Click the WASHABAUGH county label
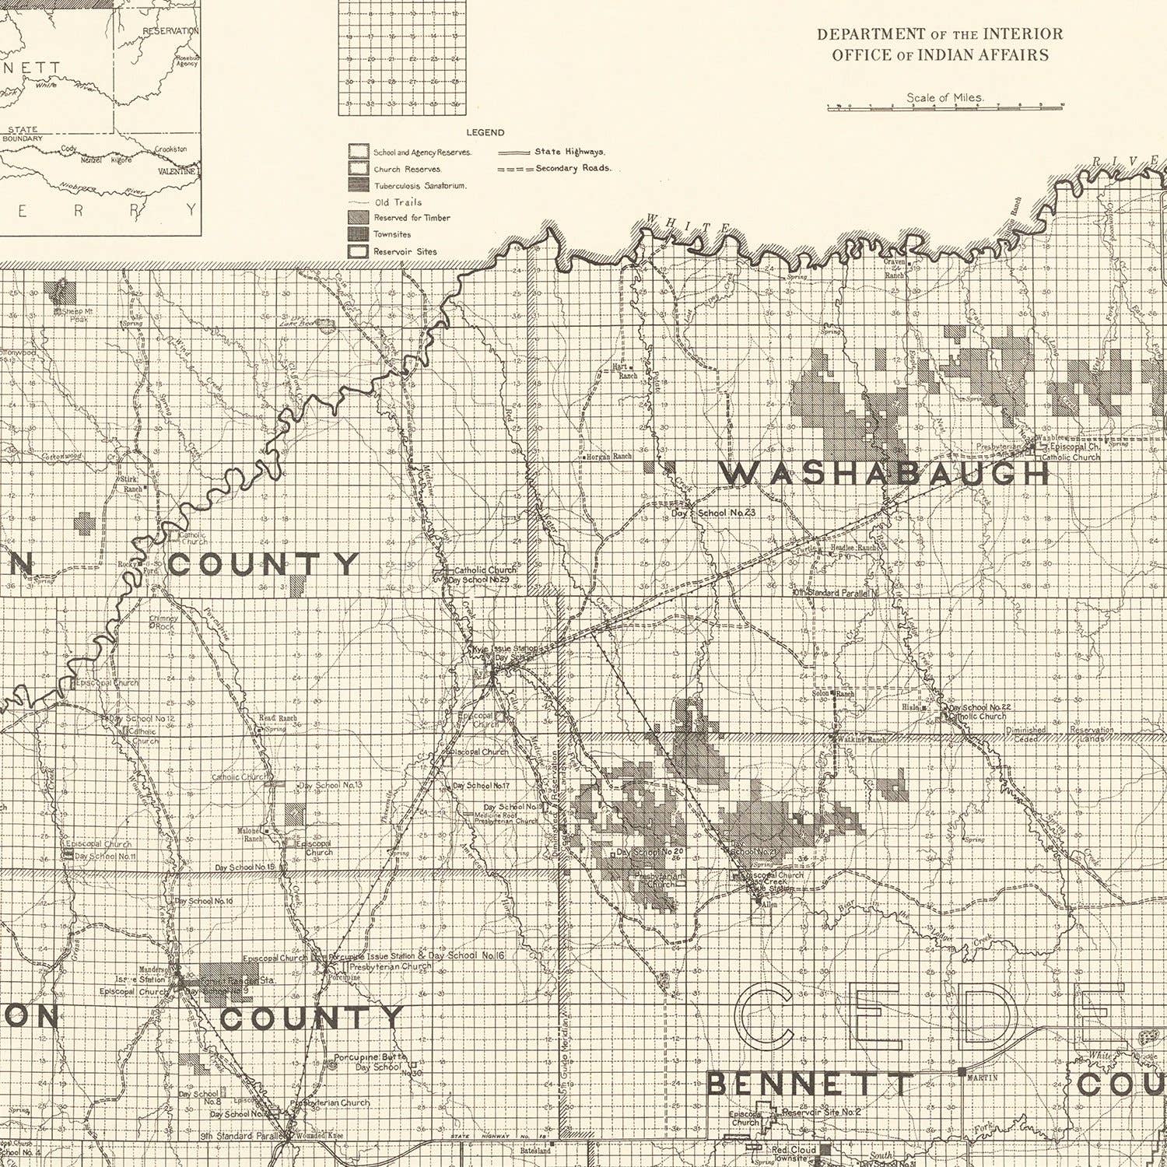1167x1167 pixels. pos(884,473)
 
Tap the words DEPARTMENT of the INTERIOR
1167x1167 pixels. pos(939,34)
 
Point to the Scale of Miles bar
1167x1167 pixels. pos(944,107)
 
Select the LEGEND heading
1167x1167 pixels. pos(485,132)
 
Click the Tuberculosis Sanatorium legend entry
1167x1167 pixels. pos(419,186)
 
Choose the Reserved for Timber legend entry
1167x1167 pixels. pos(411,218)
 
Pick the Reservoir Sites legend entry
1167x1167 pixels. pos(404,251)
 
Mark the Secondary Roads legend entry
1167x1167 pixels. pos(573,168)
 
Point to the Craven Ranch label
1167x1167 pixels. pos(894,268)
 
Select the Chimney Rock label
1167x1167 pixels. pos(163,622)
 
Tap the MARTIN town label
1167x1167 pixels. pos(976,1078)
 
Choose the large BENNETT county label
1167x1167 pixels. pos(809,1084)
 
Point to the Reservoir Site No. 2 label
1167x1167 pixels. pos(821,1112)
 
